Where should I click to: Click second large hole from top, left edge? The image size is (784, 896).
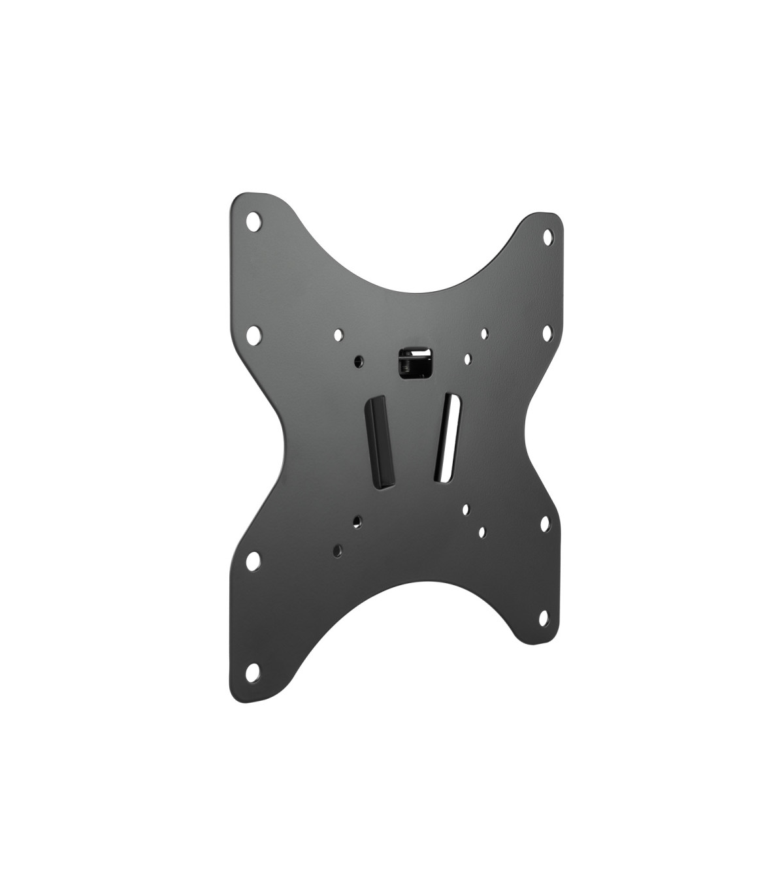(x=254, y=336)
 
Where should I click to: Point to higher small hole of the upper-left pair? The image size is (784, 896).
(x=338, y=335)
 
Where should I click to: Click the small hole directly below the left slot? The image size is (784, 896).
(x=356, y=520)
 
